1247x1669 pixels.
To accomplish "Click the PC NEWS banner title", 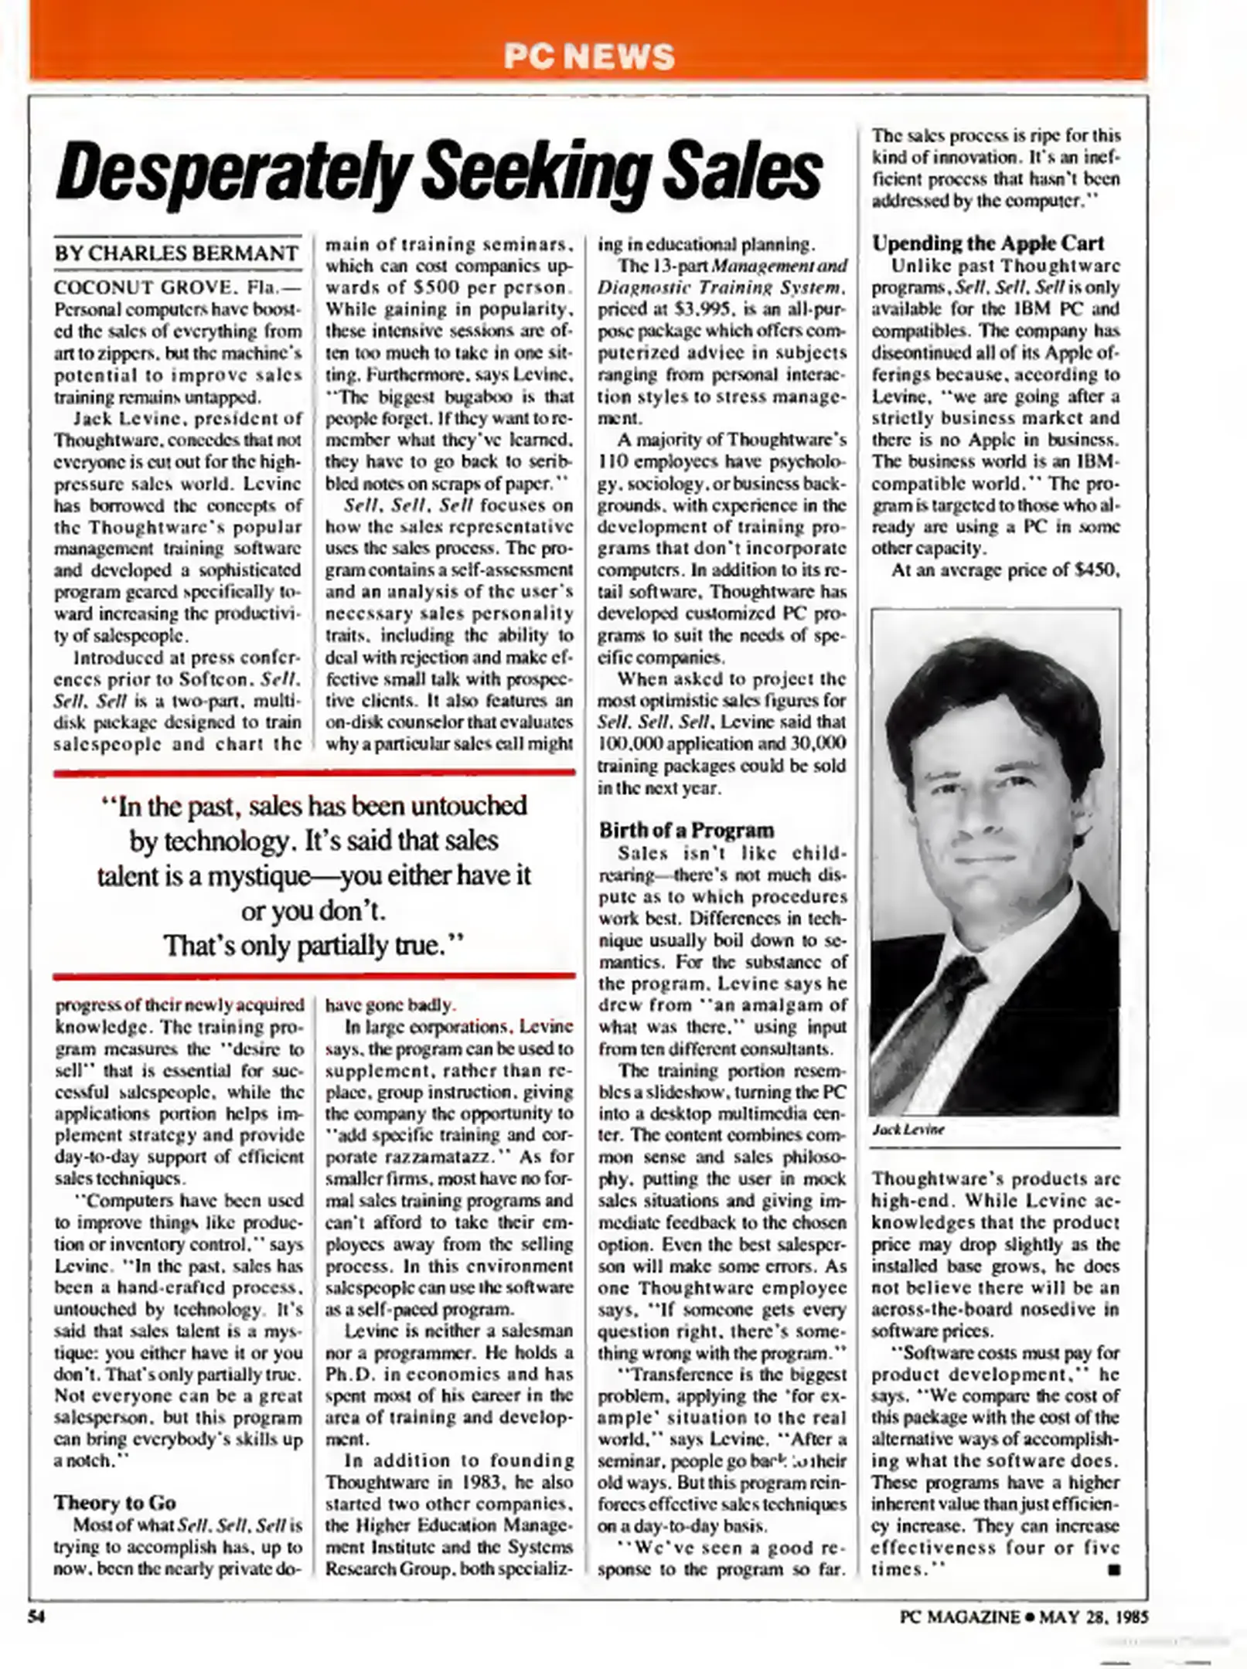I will pos(589,56).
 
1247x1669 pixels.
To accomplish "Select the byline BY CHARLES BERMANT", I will pos(176,253).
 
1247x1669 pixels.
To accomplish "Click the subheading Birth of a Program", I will pos(686,830).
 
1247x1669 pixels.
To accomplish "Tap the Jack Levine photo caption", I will pos(908,1129).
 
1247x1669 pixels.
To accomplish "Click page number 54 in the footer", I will pos(36,1616).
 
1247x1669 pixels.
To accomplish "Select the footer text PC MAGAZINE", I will pos(959,1616).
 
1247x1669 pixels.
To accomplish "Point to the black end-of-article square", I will pos(1112,1569).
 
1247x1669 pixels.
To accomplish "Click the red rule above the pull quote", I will pos(315,772).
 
